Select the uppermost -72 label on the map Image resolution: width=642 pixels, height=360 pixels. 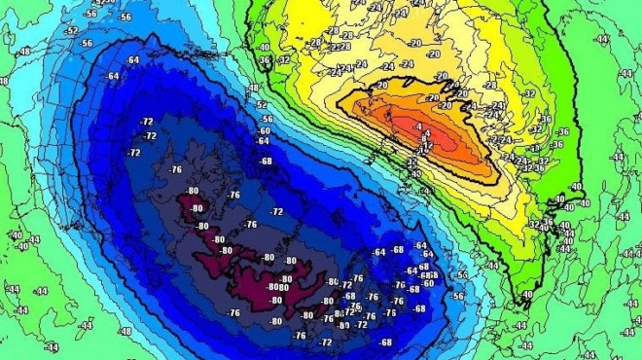(x=148, y=121)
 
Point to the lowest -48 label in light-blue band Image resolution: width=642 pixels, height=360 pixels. (x=125, y=330)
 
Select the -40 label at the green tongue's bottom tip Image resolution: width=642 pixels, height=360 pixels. (x=527, y=295)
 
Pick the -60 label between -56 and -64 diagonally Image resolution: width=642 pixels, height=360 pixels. (x=264, y=130)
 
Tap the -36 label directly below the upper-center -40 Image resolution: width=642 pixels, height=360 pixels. (x=266, y=59)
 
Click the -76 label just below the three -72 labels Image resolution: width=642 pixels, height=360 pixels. (x=174, y=169)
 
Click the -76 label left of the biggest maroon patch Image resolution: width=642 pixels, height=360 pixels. (x=233, y=312)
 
